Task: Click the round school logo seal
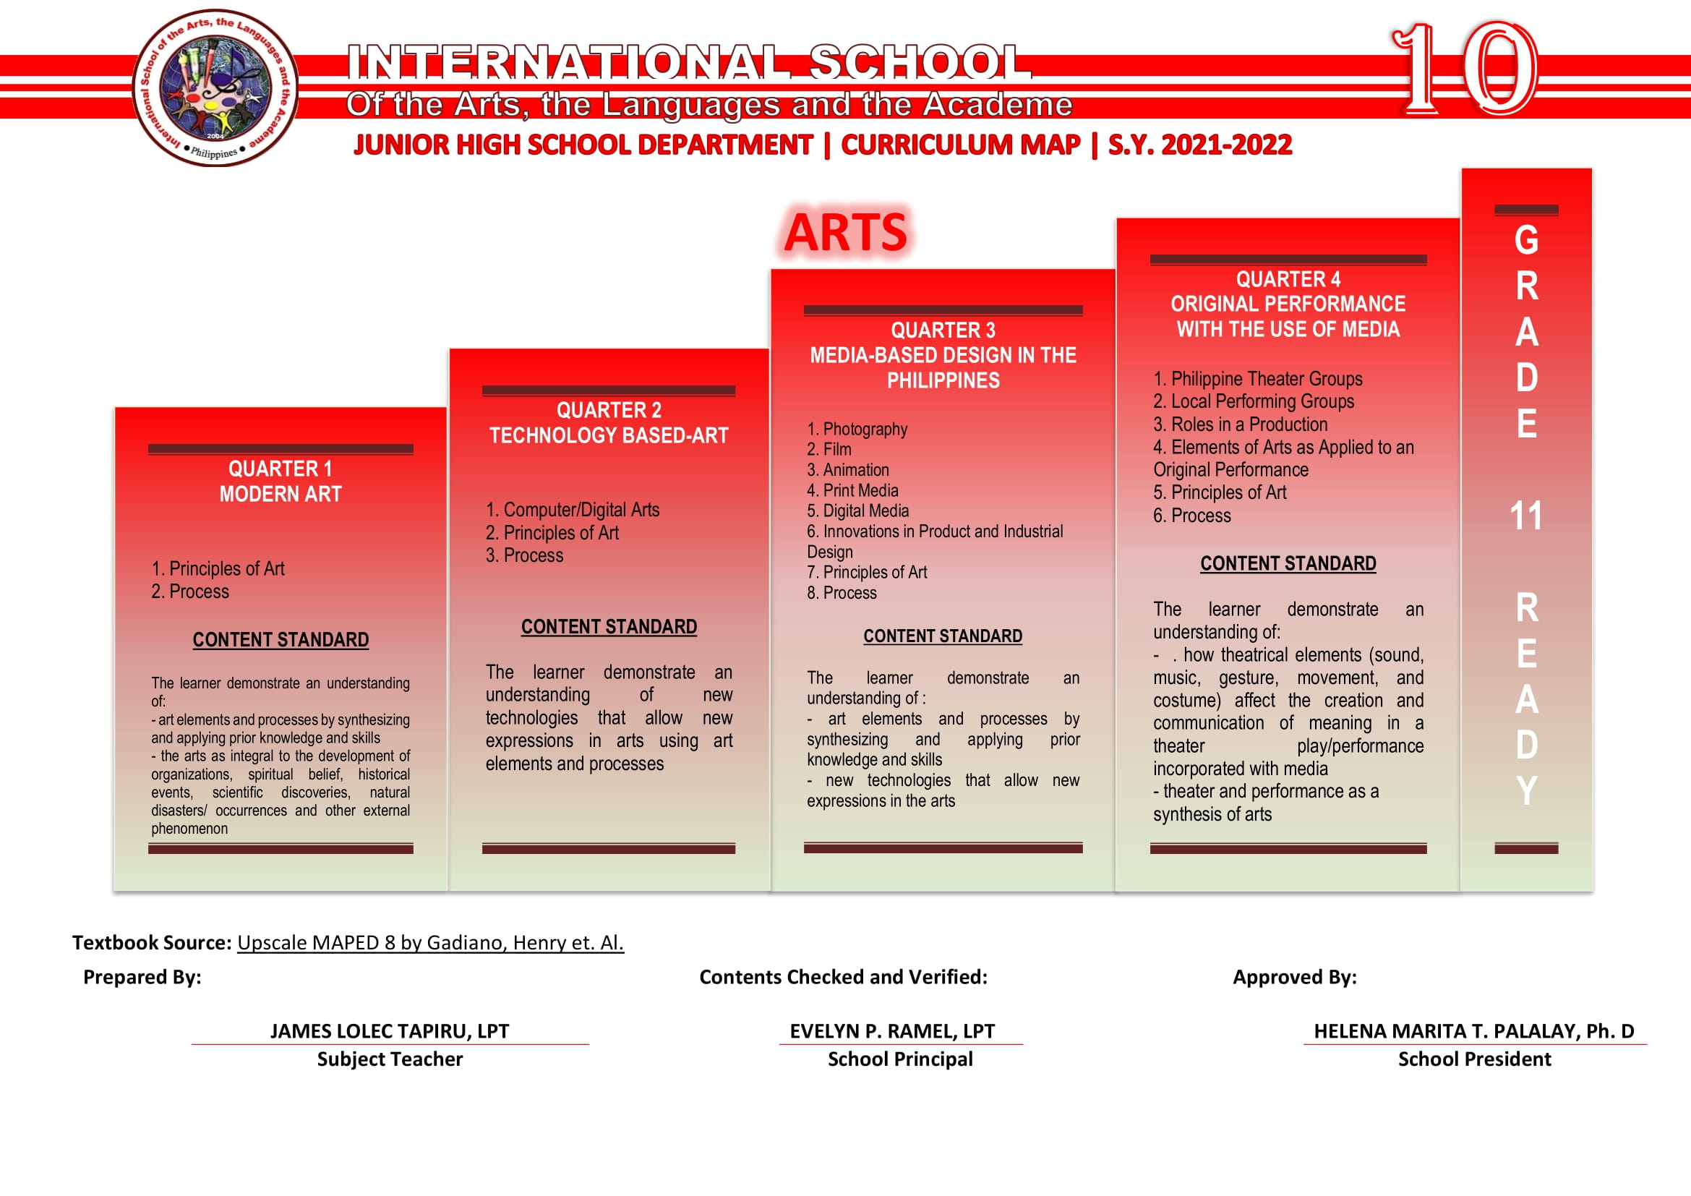coord(215,87)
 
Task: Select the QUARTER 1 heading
coord(280,469)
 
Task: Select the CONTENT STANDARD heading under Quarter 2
coord(608,627)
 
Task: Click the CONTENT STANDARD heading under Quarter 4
coord(1288,563)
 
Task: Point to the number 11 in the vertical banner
coord(1525,516)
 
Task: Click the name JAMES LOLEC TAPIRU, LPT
coord(389,1031)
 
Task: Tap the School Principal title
coord(900,1059)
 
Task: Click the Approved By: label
coord(1294,978)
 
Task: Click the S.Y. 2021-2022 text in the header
coord(1200,145)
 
